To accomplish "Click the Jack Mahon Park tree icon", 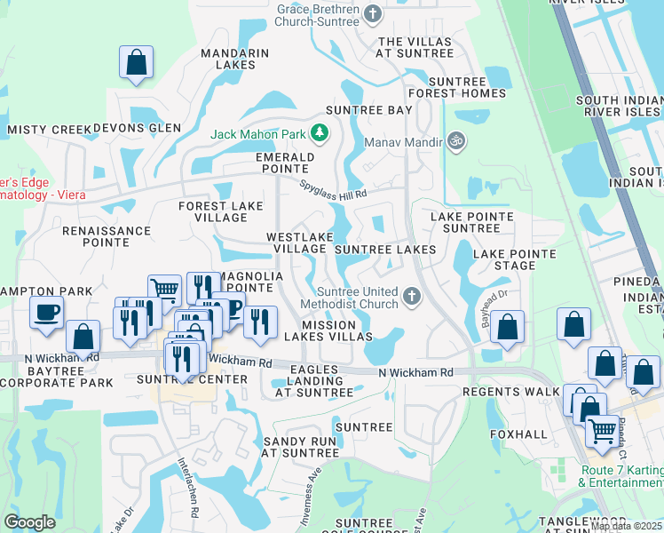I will [320, 134].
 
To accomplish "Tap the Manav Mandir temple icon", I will [456, 141].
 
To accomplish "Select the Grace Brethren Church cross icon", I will [373, 13].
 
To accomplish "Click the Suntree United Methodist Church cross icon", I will [411, 297].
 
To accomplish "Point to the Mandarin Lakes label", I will [234, 59].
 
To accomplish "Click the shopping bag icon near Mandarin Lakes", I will [136, 62].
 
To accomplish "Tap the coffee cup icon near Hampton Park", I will [45, 312].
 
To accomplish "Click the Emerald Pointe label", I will [285, 163].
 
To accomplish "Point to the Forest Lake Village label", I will [221, 211].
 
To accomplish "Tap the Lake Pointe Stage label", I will [515, 259].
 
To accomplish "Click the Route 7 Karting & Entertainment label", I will [621, 476].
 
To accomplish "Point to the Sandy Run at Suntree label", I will [300, 447].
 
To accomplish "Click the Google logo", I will [30, 521].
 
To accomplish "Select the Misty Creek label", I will [50, 130].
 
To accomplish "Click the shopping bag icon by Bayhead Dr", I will [507, 328].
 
